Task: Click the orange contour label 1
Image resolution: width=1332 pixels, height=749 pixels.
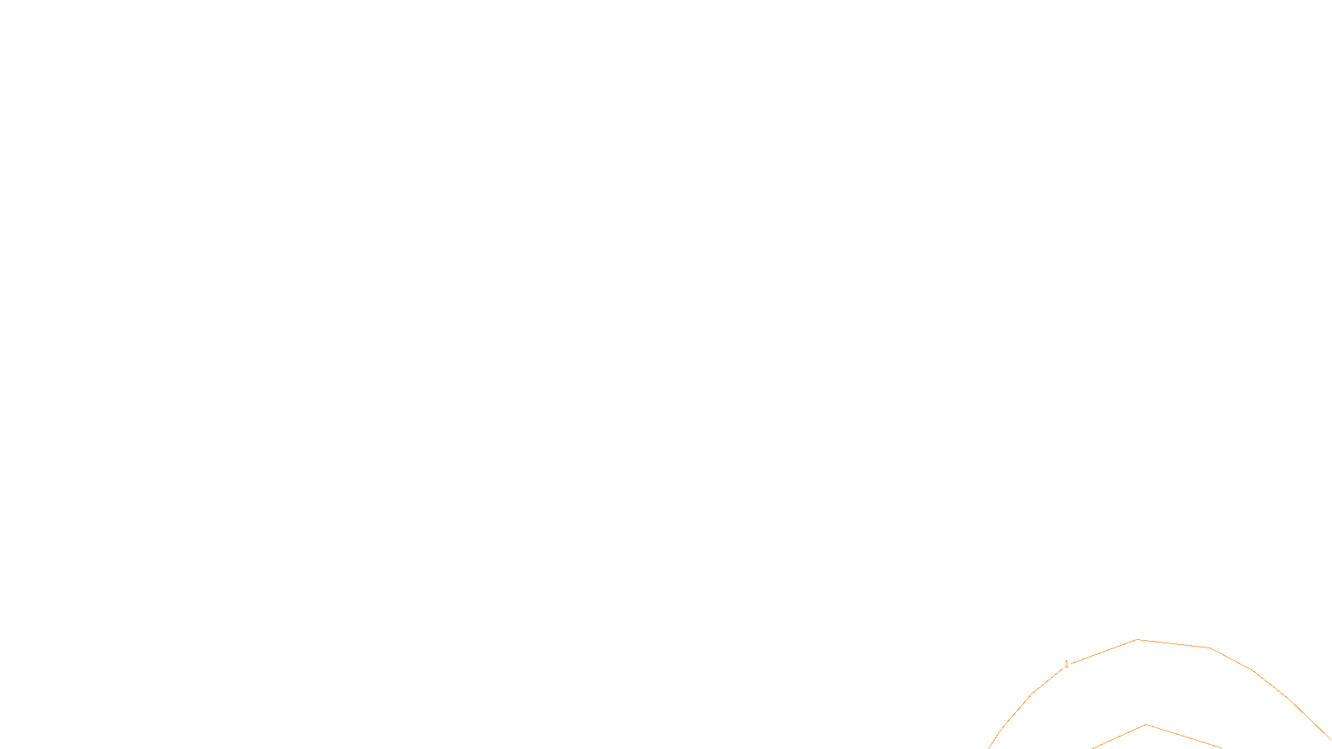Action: coord(1066,664)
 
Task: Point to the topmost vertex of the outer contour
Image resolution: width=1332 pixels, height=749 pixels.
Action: coord(1137,639)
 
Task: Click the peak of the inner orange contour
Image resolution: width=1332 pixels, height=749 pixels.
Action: coord(1146,725)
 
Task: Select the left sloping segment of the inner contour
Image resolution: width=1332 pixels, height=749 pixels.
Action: coord(1120,737)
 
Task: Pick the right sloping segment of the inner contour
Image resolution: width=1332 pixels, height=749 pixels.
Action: coord(1183,737)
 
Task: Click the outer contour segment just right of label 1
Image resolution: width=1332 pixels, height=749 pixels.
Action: coord(1104,652)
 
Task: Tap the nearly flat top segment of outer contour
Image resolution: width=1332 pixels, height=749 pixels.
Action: coord(1174,643)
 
